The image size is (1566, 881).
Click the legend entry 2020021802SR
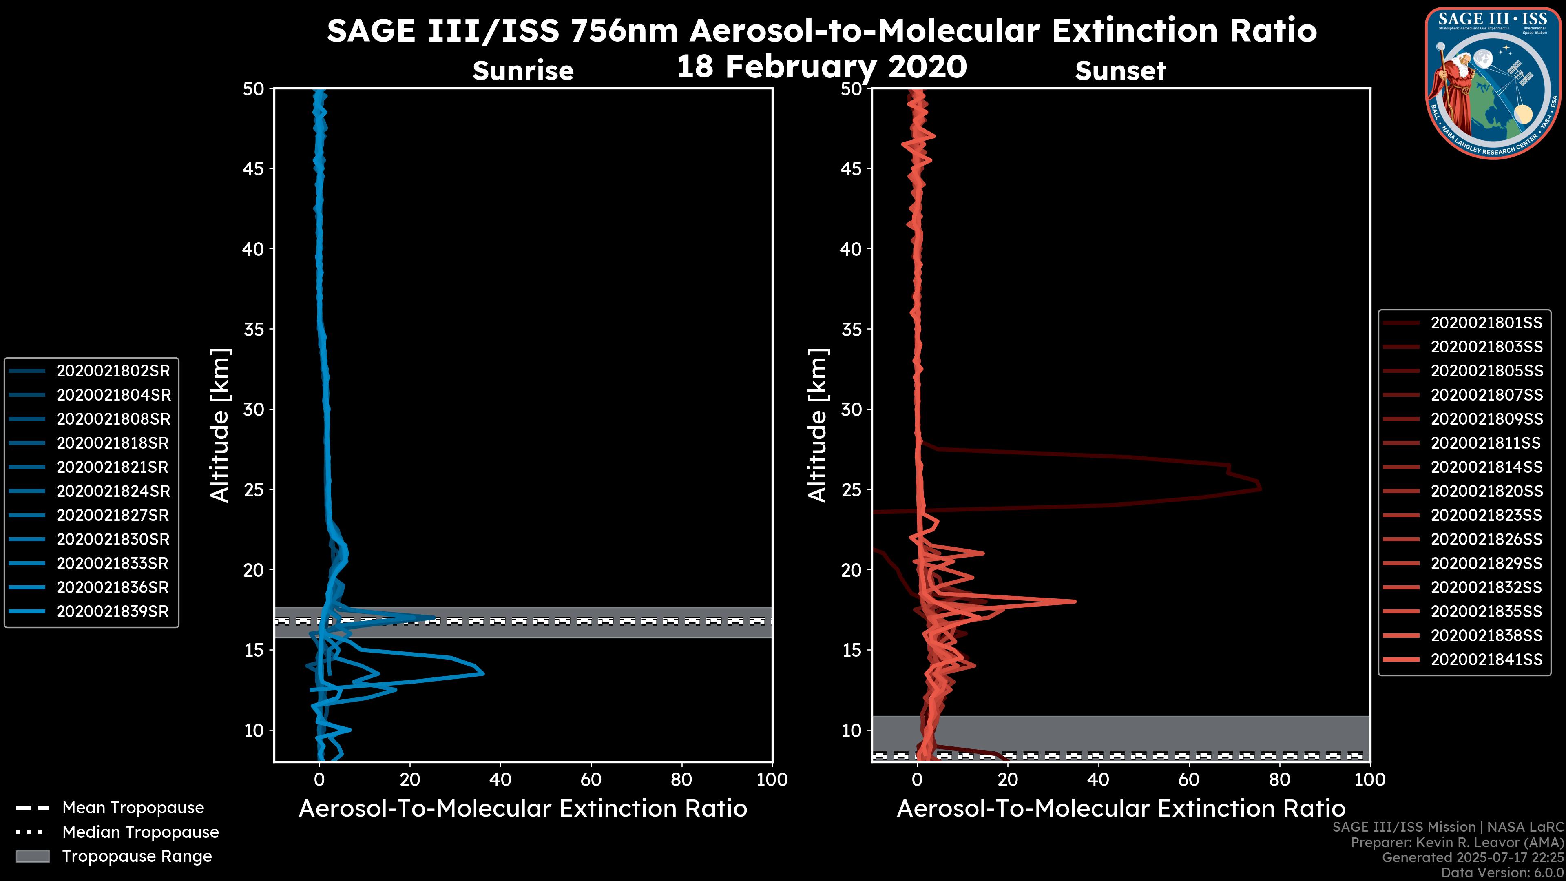(x=113, y=371)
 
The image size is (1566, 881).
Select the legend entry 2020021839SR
(x=113, y=612)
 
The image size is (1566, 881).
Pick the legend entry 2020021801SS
(x=1486, y=323)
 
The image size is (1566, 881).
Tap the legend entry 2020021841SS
(x=1486, y=660)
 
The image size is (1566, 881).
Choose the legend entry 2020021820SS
(x=1486, y=491)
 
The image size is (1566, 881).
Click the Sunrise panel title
(x=523, y=71)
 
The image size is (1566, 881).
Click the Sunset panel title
(x=1120, y=71)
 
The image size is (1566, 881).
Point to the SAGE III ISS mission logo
(x=1493, y=82)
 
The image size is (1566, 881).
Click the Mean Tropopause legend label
(x=133, y=808)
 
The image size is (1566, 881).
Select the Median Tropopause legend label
(x=140, y=832)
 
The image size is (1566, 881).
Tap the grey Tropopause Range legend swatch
(x=33, y=856)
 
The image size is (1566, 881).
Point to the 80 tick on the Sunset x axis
(x=1280, y=779)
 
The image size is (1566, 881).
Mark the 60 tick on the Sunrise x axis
(x=591, y=779)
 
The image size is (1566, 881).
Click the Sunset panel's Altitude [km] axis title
(x=818, y=425)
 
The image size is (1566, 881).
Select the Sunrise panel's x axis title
(x=523, y=809)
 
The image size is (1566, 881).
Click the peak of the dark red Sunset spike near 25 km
(x=1260, y=488)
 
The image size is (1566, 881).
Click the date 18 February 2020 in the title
(x=821, y=67)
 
